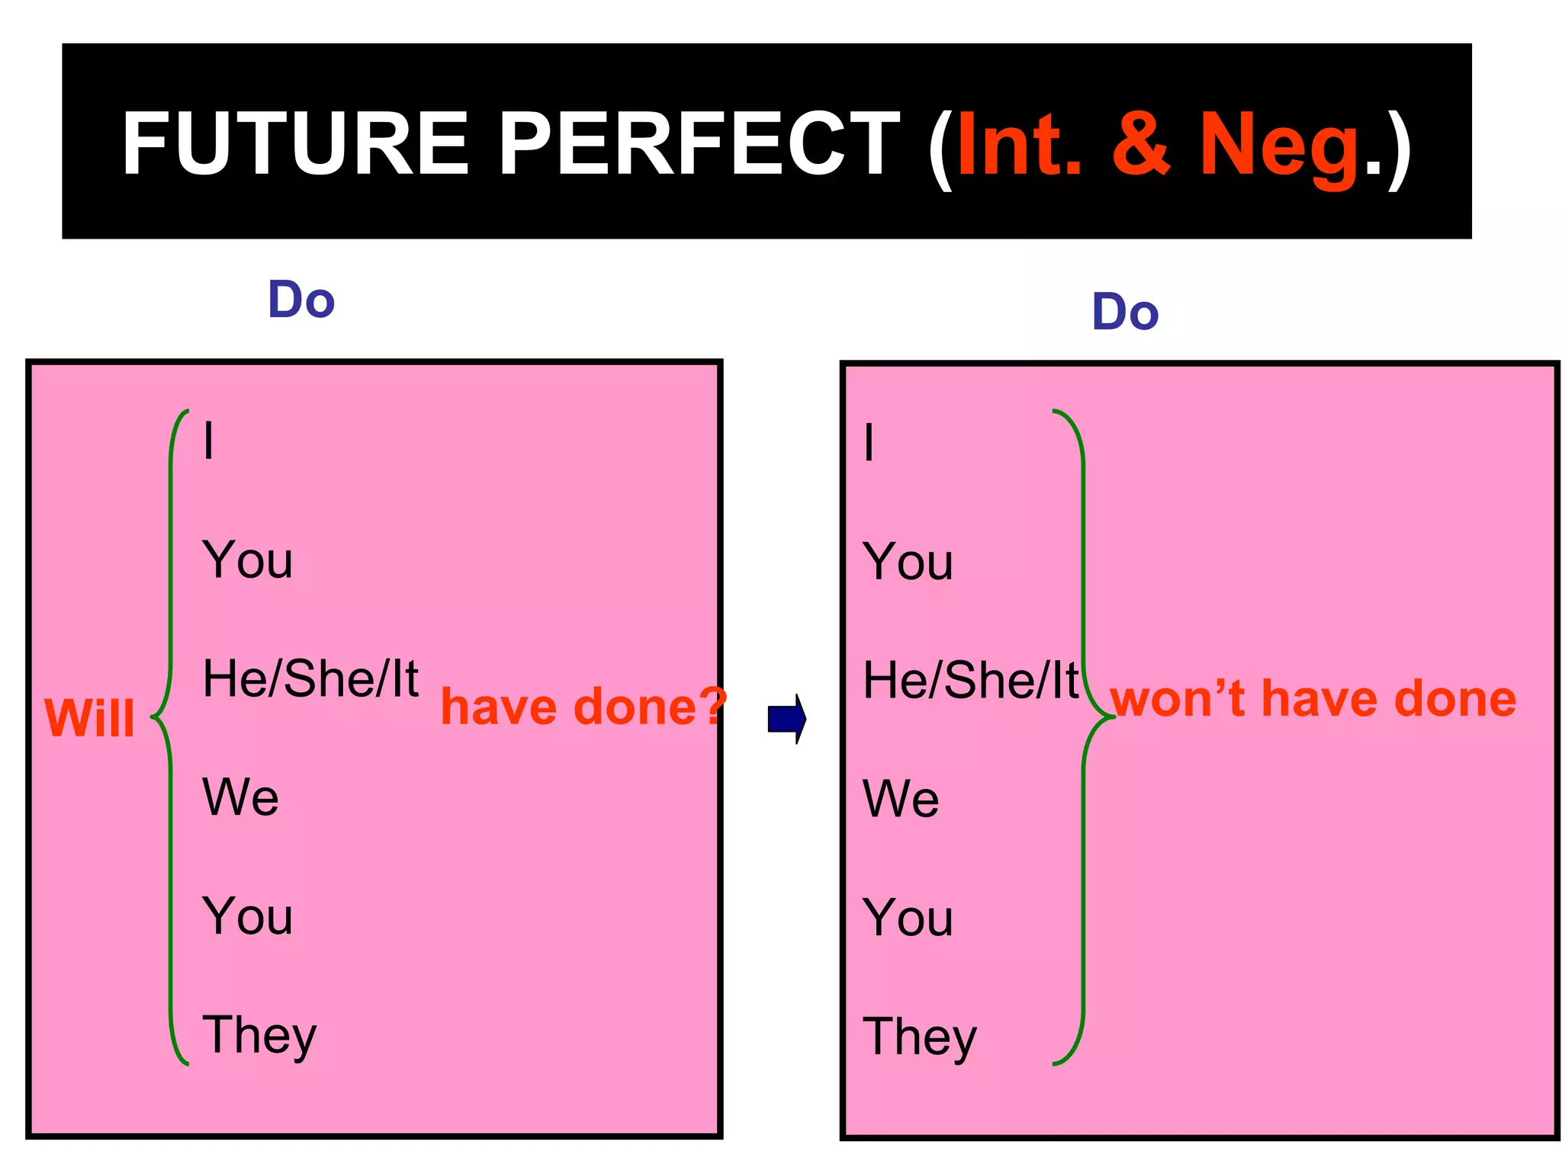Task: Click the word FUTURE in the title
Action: coord(294,143)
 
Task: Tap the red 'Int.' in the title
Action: coord(1019,143)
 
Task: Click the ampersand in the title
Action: coord(1140,143)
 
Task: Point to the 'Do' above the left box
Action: coord(301,300)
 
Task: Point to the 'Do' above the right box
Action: coord(1125,312)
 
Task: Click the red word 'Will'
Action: coord(90,717)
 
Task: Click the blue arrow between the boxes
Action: coord(787,718)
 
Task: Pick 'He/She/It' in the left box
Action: coord(310,678)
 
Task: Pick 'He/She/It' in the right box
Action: coord(971,680)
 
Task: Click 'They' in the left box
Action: coord(259,1035)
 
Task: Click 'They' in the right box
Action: coord(920,1037)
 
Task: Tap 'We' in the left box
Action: coord(240,797)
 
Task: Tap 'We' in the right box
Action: coord(901,799)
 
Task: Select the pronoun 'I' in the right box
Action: coord(869,442)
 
